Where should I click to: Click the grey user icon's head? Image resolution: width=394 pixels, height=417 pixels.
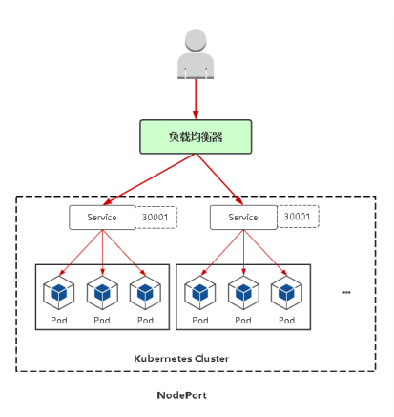pyautogui.click(x=196, y=40)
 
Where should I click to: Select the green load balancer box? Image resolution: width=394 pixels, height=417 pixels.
pyautogui.click(x=196, y=136)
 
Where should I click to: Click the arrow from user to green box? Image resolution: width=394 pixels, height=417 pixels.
pyautogui.click(x=196, y=99)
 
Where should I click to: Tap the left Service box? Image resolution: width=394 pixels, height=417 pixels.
pyautogui.click(x=102, y=218)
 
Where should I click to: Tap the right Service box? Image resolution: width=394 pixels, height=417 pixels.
pyautogui.click(x=243, y=218)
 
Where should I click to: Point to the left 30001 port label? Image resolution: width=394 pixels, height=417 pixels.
pyautogui.click(x=156, y=218)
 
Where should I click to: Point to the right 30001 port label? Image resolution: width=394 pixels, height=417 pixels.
pyautogui.click(x=297, y=217)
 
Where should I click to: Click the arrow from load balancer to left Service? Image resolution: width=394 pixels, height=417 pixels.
pyautogui.click(x=149, y=179)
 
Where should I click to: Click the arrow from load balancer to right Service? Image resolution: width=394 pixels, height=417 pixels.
pyautogui.click(x=219, y=179)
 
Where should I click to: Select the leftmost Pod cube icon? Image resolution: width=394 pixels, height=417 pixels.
pyautogui.click(x=59, y=293)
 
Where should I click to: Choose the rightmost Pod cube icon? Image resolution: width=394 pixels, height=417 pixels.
pyautogui.click(x=286, y=293)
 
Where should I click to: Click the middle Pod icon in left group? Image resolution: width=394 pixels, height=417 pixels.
pyautogui.click(x=102, y=293)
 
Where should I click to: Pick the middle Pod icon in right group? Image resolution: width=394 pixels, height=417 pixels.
pyautogui.click(x=243, y=293)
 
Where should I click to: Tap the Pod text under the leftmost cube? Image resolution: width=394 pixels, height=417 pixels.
pyautogui.click(x=59, y=321)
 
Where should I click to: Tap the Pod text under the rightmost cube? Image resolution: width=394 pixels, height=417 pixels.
pyautogui.click(x=287, y=321)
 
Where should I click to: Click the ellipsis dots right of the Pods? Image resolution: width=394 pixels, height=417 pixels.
pyautogui.click(x=346, y=292)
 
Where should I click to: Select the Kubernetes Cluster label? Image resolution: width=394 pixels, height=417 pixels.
pyautogui.click(x=181, y=359)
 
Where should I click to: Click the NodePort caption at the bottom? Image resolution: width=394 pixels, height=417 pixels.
pyautogui.click(x=182, y=395)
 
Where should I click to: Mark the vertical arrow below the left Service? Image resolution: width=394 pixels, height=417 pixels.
pyautogui.click(x=102, y=253)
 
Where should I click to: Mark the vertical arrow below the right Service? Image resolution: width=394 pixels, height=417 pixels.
pyautogui.click(x=243, y=253)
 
